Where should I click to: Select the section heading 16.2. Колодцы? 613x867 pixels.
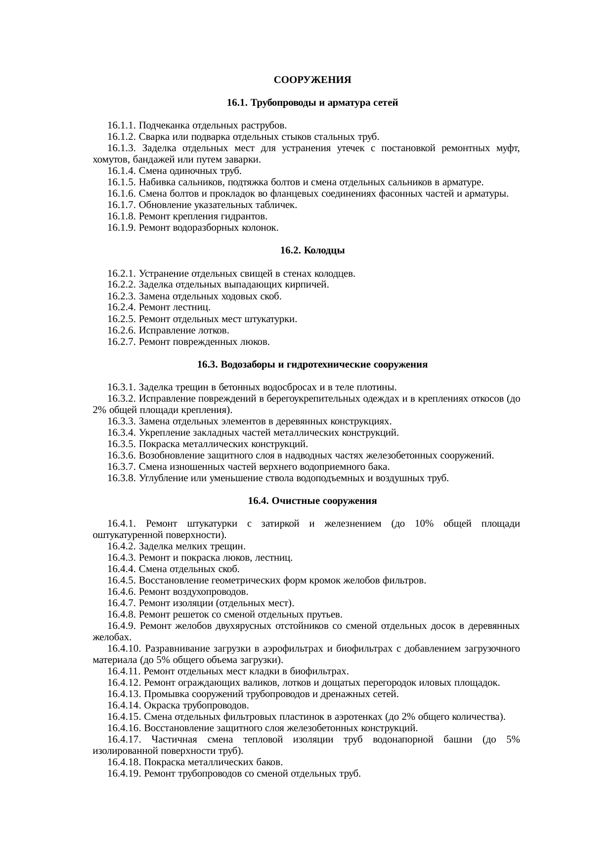312,250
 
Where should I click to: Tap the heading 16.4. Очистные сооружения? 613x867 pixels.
312,501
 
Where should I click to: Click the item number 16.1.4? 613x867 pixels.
122,171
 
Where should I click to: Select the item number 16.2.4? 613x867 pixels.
122,307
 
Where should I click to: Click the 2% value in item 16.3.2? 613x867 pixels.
97,410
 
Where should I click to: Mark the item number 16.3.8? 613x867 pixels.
122,478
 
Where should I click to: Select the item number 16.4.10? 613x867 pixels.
124,649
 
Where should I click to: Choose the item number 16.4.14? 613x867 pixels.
124,705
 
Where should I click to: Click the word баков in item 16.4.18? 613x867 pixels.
270,762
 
